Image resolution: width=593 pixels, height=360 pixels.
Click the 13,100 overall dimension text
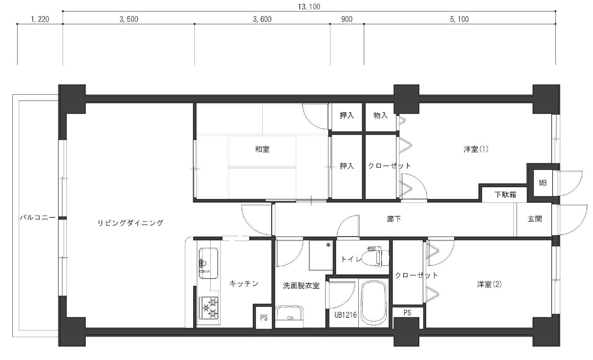(309, 7)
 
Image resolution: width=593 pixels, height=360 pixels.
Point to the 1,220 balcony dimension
(40, 19)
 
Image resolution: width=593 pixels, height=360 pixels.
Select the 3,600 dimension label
(262, 19)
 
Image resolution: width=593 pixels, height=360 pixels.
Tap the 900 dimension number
(347, 19)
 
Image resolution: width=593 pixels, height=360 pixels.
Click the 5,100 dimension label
(459, 19)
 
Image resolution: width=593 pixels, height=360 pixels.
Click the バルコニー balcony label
(38, 218)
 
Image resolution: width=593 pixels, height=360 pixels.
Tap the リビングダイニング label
(130, 223)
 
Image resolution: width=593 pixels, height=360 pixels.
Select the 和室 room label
(262, 149)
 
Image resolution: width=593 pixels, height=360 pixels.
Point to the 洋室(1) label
(476, 149)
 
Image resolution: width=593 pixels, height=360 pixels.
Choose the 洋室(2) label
(489, 284)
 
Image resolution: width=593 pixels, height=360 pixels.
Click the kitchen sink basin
(208, 263)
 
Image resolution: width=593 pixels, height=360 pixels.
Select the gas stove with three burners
(209, 308)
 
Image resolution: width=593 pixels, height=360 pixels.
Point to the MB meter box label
(543, 183)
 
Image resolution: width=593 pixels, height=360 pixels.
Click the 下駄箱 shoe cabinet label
(505, 194)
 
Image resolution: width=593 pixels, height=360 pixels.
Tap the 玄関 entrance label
(535, 219)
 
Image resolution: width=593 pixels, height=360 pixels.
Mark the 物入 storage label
(380, 115)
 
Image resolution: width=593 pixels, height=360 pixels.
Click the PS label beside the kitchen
(264, 318)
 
